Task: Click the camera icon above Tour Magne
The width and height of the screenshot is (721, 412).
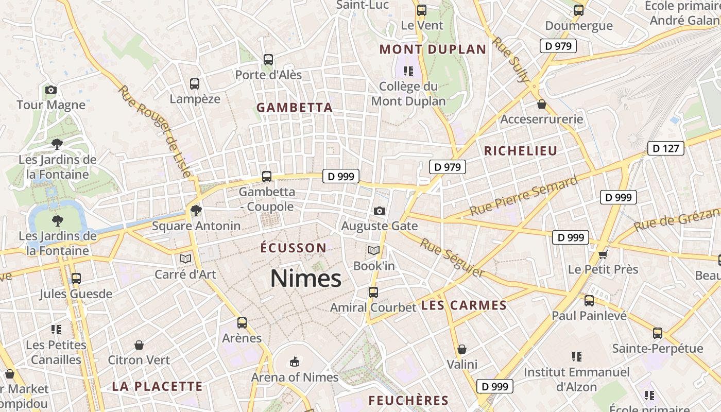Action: tap(50, 90)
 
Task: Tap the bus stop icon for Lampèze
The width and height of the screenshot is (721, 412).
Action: tap(195, 84)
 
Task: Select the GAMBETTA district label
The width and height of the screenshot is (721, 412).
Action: tap(295, 108)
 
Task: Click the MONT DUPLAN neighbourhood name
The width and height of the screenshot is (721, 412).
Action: tap(433, 49)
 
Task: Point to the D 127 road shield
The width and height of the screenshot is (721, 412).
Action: tap(665, 148)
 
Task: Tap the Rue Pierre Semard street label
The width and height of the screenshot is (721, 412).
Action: tap(524, 196)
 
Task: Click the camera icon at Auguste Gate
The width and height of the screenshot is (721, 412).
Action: tap(380, 211)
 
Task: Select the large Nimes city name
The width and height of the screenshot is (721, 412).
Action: tap(306, 279)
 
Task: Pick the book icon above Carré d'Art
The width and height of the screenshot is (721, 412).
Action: tap(185, 259)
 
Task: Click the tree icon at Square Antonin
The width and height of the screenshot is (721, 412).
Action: tap(196, 210)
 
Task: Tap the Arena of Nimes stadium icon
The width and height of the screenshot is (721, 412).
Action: tap(294, 362)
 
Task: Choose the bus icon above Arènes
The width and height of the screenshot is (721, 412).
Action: tap(242, 323)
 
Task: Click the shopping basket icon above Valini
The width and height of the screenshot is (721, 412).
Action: tap(462, 349)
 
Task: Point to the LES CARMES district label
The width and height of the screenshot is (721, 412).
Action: tap(464, 305)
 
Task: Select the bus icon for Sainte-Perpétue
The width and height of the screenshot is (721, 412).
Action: tap(658, 333)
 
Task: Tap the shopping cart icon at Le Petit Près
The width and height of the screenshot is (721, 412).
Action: tap(603, 254)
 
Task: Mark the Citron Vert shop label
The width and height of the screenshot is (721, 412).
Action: tap(139, 360)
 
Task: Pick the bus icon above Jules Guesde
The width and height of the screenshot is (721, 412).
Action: tap(76, 279)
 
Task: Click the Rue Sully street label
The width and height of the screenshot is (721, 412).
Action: tap(511, 59)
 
